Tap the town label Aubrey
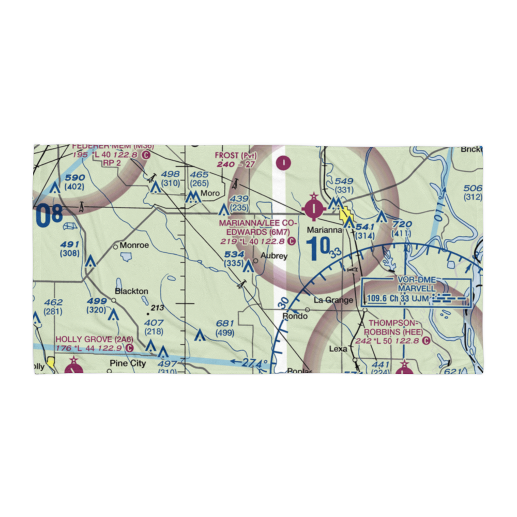click(274, 256)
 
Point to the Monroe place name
click(134, 245)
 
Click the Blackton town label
click(131, 291)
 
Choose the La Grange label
click(333, 300)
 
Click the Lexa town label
click(338, 348)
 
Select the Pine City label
click(128, 363)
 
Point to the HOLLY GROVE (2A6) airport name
click(95, 339)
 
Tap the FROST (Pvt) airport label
click(235, 156)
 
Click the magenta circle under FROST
click(284, 163)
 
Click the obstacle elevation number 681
click(225, 324)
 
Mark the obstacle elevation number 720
click(403, 224)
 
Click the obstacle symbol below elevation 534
click(248, 266)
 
